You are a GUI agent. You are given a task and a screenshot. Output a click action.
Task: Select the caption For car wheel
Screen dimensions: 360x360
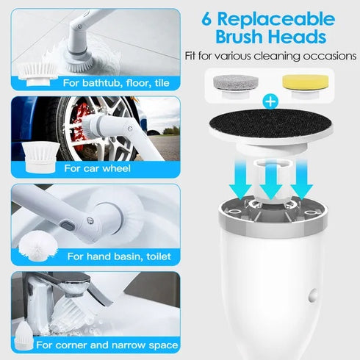[98, 168]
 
